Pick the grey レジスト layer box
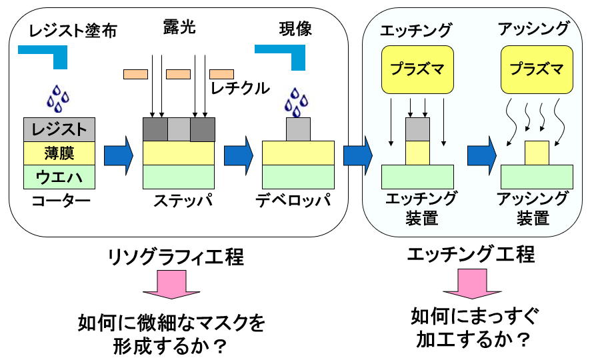(58, 129)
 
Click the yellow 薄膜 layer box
(58, 153)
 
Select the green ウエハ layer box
(58, 177)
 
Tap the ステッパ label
(179, 200)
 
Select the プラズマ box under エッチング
(417, 69)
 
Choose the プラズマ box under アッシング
(535, 69)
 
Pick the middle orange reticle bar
(179, 74)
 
